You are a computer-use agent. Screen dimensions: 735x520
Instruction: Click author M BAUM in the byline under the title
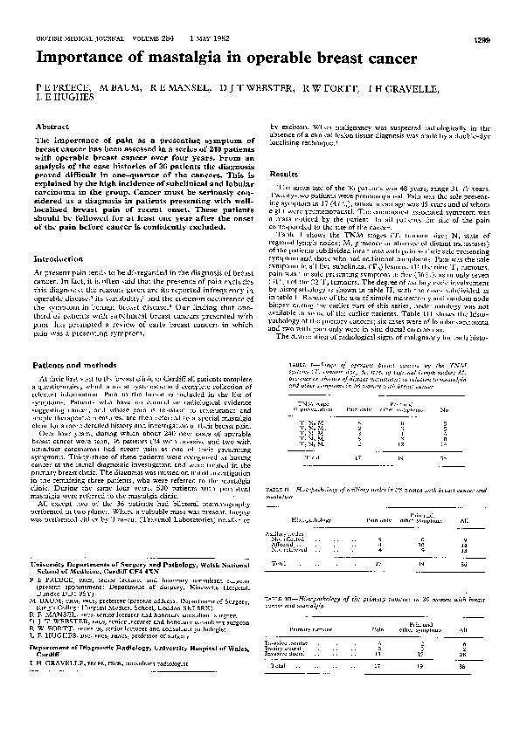click(110, 88)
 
